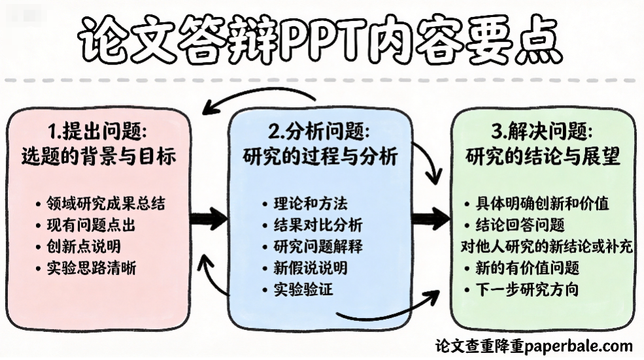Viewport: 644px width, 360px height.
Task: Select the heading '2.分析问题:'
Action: pos(319,132)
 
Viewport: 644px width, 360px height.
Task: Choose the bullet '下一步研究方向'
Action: pos(526,289)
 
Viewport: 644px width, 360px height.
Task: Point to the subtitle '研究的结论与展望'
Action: pos(543,157)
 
